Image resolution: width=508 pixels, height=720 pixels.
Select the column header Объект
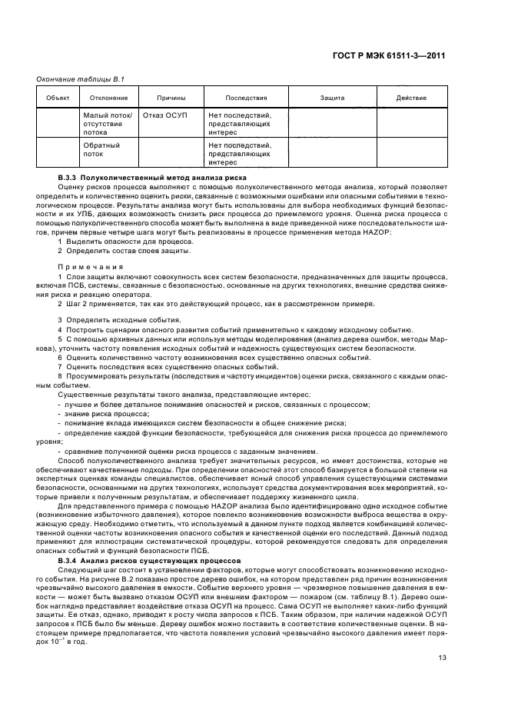point(58,98)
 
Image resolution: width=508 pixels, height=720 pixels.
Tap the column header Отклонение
point(108,98)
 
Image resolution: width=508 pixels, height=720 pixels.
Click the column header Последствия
point(246,98)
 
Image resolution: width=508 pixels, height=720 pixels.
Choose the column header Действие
point(411,98)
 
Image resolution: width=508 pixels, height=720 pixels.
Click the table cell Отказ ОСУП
point(165,115)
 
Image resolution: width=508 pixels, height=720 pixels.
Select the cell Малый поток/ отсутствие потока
point(108,123)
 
